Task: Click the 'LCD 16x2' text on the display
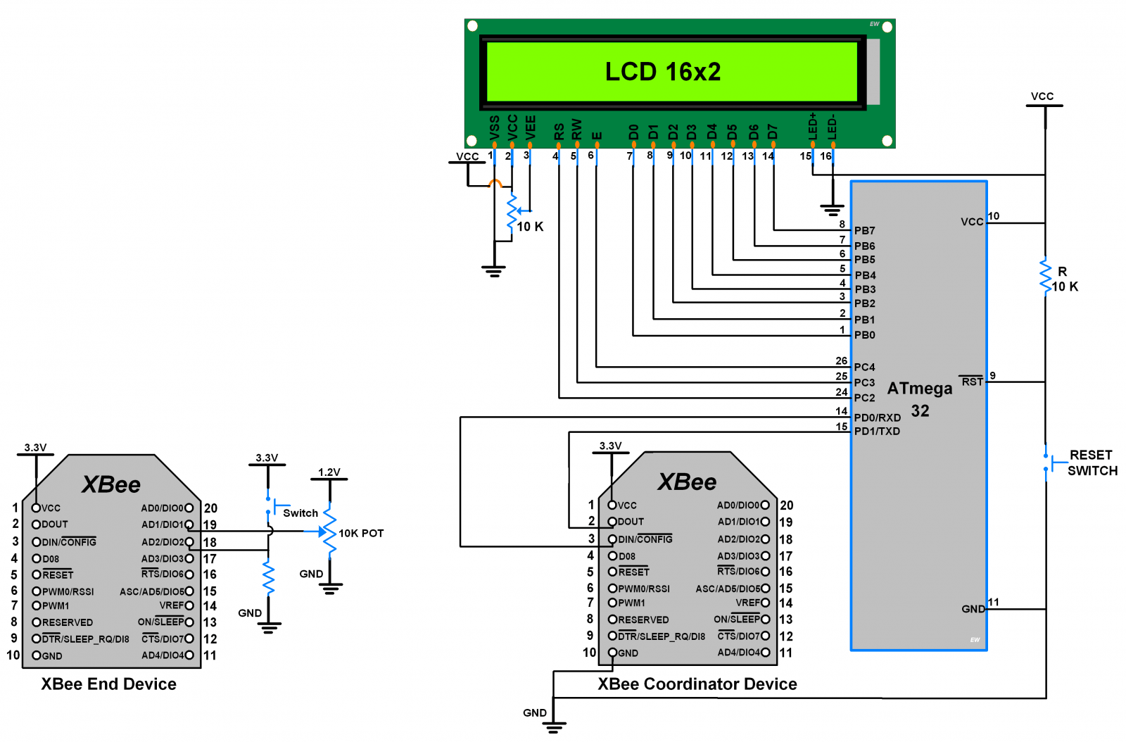click(663, 72)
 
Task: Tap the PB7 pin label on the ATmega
click(864, 231)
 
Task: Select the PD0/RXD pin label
click(877, 417)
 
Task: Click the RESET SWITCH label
click(1092, 463)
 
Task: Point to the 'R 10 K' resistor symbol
click(1046, 275)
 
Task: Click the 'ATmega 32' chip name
click(920, 399)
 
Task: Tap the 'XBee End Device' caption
click(108, 684)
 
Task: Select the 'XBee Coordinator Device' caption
click(697, 684)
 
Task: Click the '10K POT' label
click(361, 534)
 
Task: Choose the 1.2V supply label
click(329, 472)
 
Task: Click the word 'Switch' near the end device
click(301, 513)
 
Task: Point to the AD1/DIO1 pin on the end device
click(163, 524)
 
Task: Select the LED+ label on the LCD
click(813, 125)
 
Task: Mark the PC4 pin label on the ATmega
click(864, 367)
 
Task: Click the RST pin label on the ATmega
click(972, 382)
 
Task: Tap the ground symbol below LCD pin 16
click(833, 209)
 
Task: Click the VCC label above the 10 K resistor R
click(1042, 96)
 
